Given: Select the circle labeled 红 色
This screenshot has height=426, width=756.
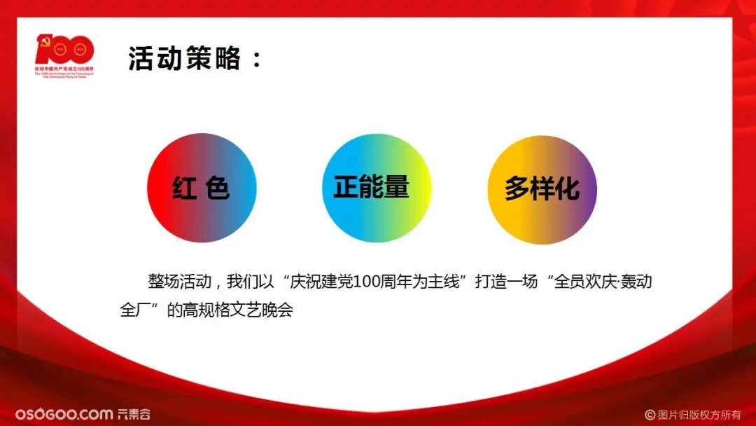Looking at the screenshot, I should click(202, 188).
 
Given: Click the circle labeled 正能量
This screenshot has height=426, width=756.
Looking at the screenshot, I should click(377, 188).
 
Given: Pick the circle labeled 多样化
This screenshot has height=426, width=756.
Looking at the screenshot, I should click(542, 189).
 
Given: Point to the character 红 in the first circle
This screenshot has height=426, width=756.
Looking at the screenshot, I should click(184, 188).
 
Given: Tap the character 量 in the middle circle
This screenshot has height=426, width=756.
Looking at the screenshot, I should click(396, 187).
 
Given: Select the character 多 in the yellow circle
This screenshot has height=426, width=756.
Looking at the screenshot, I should click(517, 189).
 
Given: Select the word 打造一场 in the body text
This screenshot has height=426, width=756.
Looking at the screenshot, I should click(506, 283).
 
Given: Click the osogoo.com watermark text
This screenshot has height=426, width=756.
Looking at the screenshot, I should click(64, 414).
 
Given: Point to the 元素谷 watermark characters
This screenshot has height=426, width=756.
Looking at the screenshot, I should click(133, 414).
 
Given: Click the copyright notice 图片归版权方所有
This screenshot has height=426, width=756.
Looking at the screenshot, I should click(699, 414).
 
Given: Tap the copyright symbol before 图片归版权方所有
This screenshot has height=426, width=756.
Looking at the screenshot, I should click(650, 414).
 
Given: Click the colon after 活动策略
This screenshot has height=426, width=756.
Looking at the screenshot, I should click(255, 60).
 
